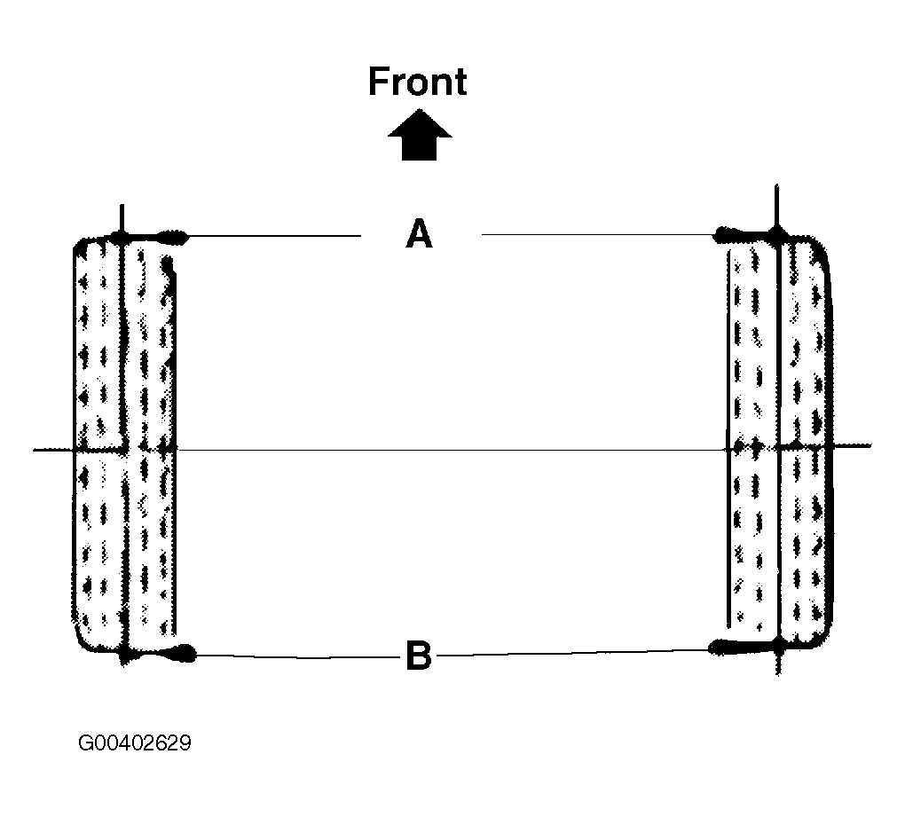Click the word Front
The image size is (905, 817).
click(x=417, y=82)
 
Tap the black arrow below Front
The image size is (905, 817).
click(x=420, y=136)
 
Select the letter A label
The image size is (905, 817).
click(x=419, y=235)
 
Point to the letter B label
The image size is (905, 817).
click(x=418, y=657)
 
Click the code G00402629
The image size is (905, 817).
click(x=134, y=742)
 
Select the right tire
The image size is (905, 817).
click(x=780, y=444)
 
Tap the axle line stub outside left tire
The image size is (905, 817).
click(x=53, y=450)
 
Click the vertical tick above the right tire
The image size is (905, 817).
click(x=777, y=204)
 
